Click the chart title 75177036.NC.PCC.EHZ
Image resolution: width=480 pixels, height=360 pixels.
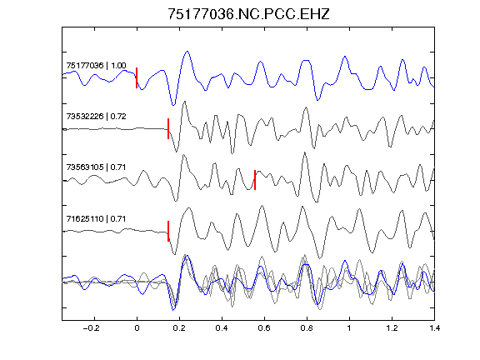[x=248, y=14]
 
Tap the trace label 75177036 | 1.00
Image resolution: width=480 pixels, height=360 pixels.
[x=96, y=66]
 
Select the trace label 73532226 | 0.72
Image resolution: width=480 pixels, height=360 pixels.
[x=96, y=117]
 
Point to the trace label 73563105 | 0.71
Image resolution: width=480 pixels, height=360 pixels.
[x=96, y=167]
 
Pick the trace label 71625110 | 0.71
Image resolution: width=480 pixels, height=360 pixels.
[x=96, y=218]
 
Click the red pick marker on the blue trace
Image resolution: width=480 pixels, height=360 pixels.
[x=137, y=78]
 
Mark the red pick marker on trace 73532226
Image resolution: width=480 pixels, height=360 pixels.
[x=168, y=129]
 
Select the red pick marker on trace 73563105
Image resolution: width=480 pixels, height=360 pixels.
[x=255, y=180]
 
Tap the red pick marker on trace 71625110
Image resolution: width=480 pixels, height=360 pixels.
[x=168, y=231]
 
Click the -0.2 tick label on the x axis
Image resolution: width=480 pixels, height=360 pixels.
[x=92, y=328]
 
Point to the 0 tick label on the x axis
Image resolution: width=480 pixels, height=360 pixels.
[x=137, y=328]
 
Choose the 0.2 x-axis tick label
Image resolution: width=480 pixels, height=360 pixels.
[x=179, y=328]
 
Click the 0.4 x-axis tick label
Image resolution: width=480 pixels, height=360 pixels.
[x=222, y=328]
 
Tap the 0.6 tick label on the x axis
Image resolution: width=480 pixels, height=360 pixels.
[x=264, y=328]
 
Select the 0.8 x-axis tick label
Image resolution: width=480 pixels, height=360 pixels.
[x=307, y=328]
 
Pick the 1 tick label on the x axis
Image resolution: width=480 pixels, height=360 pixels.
[x=349, y=328]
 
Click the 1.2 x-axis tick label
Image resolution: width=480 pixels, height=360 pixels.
[x=392, y=328]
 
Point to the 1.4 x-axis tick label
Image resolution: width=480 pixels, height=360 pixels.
[x=434, y=328]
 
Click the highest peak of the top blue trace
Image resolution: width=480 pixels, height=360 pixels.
[x=187, y=52]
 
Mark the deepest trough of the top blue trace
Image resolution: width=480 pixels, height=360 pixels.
[x=173, y=105]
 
